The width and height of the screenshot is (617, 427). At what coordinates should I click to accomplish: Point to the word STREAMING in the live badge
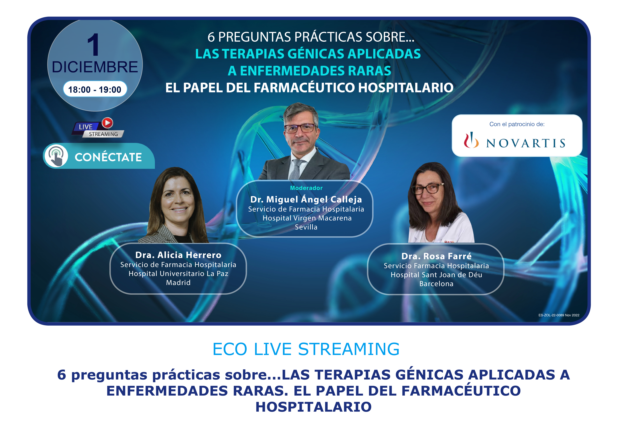coord(103,134)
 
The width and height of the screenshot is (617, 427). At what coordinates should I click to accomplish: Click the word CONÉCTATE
coord(108,157)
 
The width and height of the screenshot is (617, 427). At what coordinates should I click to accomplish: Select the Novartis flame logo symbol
coord(471,140)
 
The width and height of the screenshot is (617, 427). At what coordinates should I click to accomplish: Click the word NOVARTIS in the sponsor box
coord(526,143)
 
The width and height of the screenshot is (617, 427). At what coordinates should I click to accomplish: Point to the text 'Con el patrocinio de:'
coord(517,124)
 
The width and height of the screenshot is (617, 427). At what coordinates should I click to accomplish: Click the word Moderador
coord(306,188)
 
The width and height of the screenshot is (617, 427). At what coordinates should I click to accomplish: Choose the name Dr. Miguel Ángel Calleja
coord(306,199)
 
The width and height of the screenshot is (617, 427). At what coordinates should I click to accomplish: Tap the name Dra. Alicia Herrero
coord(179,255)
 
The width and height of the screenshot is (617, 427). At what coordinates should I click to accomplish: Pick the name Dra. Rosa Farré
coord(436,256)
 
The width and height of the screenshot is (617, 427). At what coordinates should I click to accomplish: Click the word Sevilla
coord(306,227)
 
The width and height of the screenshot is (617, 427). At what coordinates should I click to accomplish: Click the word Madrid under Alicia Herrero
coord(179,282)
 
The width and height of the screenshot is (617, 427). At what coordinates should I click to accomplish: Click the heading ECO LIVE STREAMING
coord(306,349)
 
